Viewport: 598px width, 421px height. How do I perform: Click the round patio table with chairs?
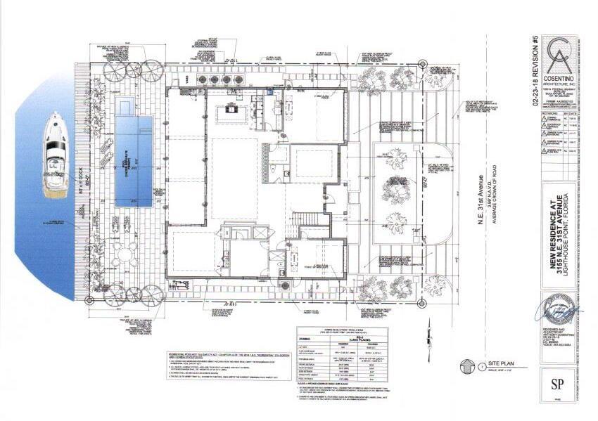[127, 254]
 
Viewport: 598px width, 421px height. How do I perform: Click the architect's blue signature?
[559, 309]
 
